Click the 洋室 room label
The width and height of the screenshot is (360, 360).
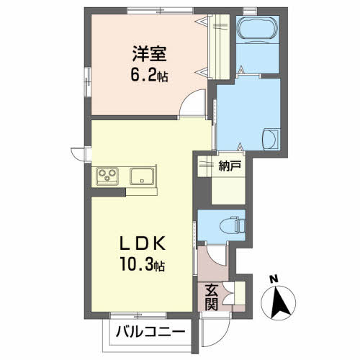click(149, 53)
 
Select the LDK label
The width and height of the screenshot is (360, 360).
click(143, 243)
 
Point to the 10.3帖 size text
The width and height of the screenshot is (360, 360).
click(143, 264)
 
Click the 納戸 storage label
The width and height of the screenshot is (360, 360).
click(230, 166)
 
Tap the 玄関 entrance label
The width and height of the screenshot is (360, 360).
click(212, 297)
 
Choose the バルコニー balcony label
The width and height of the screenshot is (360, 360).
click(150, 332)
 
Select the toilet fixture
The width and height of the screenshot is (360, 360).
click(233, 225)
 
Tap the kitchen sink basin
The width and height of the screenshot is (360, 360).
click(142, 176)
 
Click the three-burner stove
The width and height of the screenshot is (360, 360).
click(107, 176)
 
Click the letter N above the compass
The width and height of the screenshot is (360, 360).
click(274, 279)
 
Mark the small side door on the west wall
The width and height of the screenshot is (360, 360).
click(80, 154)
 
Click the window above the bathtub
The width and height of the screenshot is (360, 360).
click(250, 11)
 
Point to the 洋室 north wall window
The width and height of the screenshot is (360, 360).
click(160, 11)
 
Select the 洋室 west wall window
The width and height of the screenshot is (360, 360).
click(88, 82)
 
